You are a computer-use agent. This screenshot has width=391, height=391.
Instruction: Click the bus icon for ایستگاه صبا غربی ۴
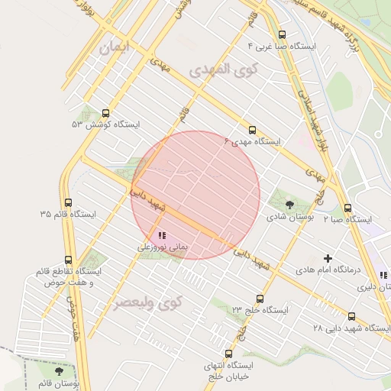[283, 34]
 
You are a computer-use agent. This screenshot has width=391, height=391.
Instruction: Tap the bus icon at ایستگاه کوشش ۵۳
[105, 113]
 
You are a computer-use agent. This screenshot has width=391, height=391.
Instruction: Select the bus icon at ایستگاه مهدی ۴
[253, 130]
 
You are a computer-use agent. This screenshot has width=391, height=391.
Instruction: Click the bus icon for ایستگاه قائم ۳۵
[69, 203]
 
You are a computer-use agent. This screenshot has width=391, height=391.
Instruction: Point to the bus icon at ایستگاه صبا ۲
[347, 208]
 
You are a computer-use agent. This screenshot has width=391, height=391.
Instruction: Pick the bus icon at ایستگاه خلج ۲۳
[260, 299]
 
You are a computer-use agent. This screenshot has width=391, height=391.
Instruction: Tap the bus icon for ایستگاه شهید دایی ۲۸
[351, 316]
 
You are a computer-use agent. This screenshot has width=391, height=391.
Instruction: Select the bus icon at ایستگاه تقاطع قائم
[69, 260]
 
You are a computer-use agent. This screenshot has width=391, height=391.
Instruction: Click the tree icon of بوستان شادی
[289, 204]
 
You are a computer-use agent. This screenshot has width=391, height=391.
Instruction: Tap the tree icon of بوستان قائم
[60, 371]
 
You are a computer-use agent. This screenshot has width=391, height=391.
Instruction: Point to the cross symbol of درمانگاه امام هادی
[328, 259]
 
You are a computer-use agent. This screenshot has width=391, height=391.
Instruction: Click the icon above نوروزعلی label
[161, 235]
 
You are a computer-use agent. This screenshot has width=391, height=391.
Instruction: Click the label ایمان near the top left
[115, 47]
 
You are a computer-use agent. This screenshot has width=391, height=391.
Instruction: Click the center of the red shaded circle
[195, 195]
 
